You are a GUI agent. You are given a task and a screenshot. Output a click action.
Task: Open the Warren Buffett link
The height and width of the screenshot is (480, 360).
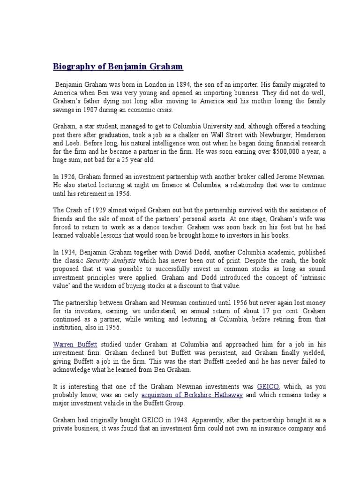click(69, 344)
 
